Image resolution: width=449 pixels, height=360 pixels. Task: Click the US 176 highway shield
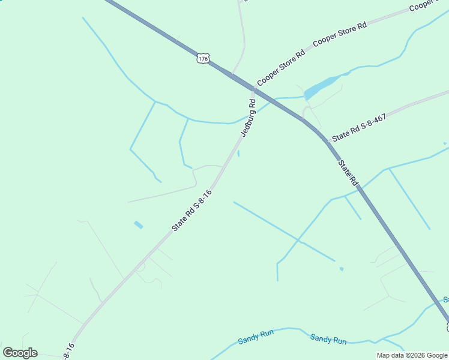203,58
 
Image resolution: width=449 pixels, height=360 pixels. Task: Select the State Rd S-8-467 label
358,128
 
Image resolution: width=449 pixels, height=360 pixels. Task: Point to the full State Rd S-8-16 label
192,211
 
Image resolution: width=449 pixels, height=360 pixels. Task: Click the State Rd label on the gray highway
348,172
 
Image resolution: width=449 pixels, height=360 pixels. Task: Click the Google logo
20,353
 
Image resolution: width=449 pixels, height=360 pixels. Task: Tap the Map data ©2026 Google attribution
412,355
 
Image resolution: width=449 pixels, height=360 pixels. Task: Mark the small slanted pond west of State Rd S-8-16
139,225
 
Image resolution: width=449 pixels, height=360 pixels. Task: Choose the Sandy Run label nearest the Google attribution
328,339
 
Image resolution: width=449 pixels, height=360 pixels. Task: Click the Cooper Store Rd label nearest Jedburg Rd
281,68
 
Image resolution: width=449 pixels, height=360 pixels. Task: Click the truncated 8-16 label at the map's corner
68,350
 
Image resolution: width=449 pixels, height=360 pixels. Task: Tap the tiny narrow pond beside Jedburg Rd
238,154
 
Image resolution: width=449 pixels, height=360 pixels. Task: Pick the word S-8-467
372,122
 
